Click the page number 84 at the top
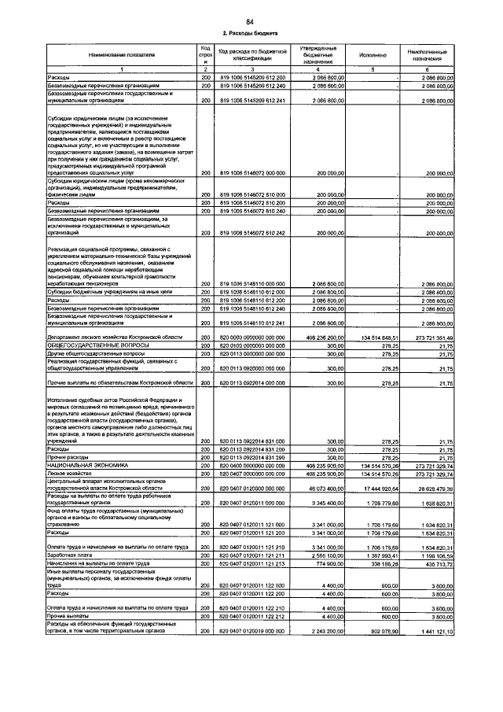click(249, 20)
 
